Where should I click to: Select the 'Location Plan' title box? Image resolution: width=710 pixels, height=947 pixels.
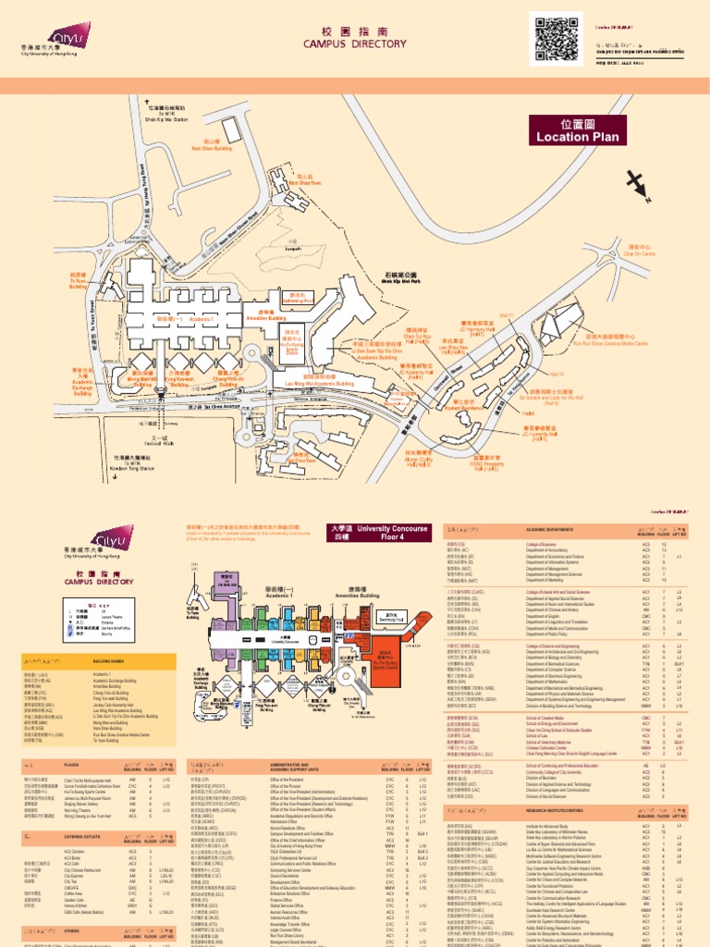pos(574,130)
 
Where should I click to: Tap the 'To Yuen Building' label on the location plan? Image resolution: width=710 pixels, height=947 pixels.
pos(79,282)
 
